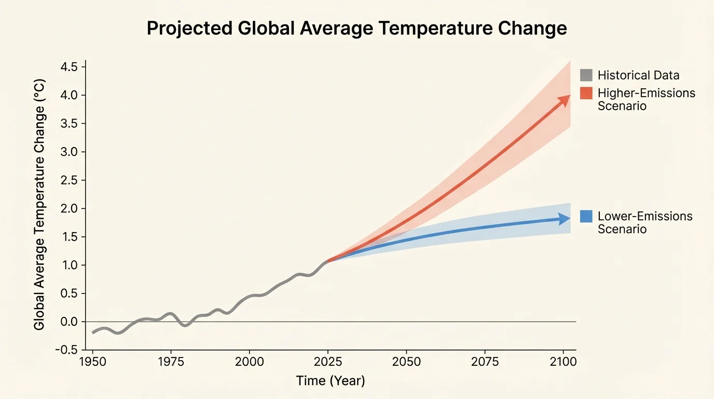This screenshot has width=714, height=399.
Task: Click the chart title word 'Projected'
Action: pyautogui.click(x=188, y=29)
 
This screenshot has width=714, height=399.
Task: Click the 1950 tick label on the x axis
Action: pyautogui.click(x=92, y=362)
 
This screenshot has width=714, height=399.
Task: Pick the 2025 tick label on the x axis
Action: pyautogui.click(x=327, y=362)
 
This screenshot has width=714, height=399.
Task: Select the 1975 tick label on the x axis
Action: pyautogui.click(x=171, y=362)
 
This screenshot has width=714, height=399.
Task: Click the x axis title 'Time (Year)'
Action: pyautogui.click(x=331, y=381)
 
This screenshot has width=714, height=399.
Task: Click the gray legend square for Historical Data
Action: pyautogui.click(x=586, y=75)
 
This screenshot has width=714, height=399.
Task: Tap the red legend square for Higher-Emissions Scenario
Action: pyautogui.click(x=586, y=94)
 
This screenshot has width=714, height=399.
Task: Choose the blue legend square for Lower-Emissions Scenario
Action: pyautogui.click(x=586, y=216)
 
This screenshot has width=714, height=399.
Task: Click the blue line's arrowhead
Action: pyautogui.click(x=565, y=219)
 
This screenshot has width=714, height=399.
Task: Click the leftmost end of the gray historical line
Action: pyautogui.click(x=93, y=332)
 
